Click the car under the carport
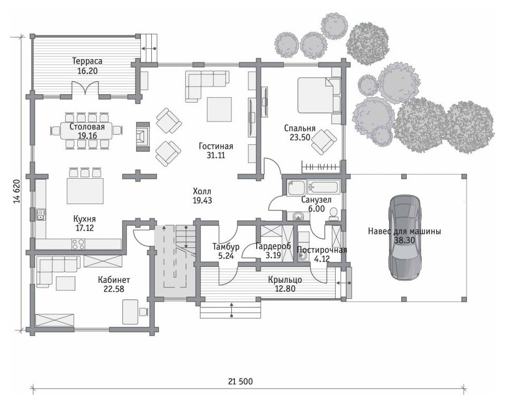click(x=404, y=238)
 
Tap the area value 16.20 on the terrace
click(x=87, y=71)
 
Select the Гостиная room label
click(x=216, y=146)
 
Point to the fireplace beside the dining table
click(x=143, y=137)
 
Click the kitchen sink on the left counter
click(x=41, y=214)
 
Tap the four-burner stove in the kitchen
click(x=78, y=244)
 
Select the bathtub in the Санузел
click(x=323, y=188)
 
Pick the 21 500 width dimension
click(x=240, y=382)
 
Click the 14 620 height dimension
click(x=17, y=191)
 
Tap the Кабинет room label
click(x=114, y=280)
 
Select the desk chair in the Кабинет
click(x=143, y=311)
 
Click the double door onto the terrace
click(x=85, y=88)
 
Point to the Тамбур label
click(x=226, y=247)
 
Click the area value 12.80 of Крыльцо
click(x=285, y=289)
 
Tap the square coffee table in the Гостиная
click(x=219, y=109)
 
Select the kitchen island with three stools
click(x=85, y=186)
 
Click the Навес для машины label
click(x=404, y=231)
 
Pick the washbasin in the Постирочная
click(x=302, y=256)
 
